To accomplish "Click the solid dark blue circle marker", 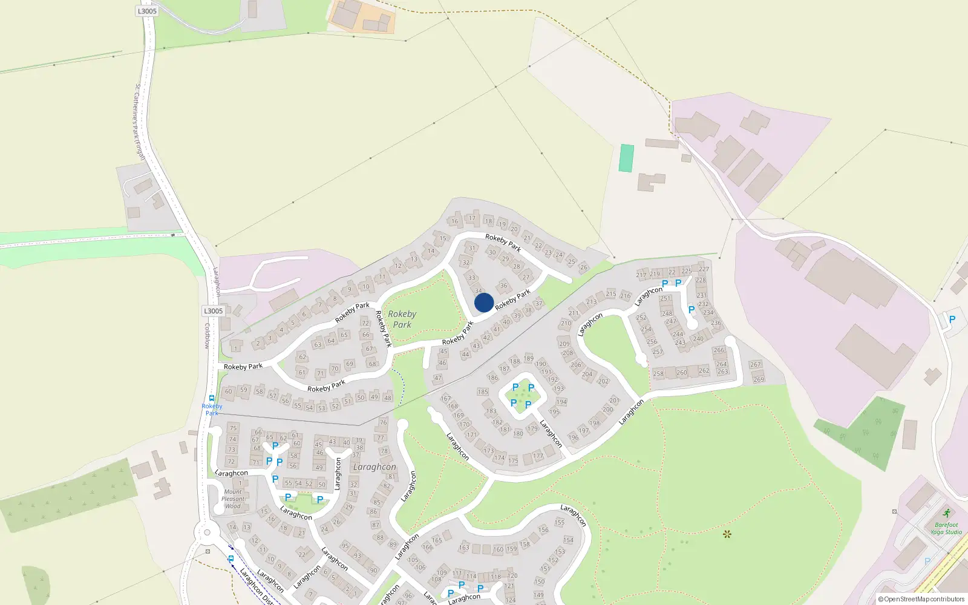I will [x=484, y=302].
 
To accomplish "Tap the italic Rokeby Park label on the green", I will [x=402, y=319].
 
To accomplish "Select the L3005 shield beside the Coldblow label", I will [x=213, y=311].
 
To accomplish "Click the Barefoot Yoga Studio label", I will [x=946, y=529].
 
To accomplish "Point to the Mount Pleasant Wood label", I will [x=233, y=499].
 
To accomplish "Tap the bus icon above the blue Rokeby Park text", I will [x=212, y=398].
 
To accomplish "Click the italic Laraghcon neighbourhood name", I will [x=374, y=467].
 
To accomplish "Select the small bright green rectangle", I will [x=626, y=158].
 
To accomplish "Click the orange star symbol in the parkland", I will [x=727, y=534].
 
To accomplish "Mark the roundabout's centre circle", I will [x=207, y=533].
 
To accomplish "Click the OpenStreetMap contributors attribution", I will [x=921, y=600].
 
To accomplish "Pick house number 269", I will [x=759, y=379].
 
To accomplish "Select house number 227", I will [x=704, y=269].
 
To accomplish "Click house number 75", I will [x=233, y=428].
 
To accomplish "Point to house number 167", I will [x=445, y=398].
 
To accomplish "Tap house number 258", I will [x=658, y=373].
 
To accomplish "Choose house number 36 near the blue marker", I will [x=503, y=286].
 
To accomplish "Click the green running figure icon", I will [x=947, y=514].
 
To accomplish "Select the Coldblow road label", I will [x=207, y=336].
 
